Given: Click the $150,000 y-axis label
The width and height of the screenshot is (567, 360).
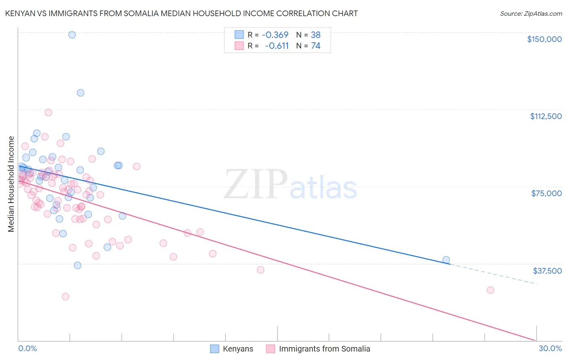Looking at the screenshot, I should tap(544, 39).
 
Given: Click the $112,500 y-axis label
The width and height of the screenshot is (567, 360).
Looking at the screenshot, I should tap(546, 116).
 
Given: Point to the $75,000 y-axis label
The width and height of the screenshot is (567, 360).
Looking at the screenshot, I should tap(546, 193).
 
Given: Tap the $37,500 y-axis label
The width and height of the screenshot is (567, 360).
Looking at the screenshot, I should tap(547, 271).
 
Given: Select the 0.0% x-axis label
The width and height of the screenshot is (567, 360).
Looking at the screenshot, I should tap(27, 348).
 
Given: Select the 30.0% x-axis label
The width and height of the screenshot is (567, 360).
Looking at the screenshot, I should tap(550, 348).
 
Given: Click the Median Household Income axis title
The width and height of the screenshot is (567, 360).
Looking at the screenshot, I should tap(11, 184).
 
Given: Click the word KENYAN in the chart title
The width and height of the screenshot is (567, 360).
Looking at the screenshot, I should tap(20, 13).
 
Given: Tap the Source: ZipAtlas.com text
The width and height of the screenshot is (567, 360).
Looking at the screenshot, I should tap(531, 13).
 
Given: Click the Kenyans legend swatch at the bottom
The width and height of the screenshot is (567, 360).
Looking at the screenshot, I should tap(215, 349).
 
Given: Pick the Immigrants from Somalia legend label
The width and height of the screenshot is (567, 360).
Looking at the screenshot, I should tap(324, 349).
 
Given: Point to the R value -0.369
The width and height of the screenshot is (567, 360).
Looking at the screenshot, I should tap(275, 35).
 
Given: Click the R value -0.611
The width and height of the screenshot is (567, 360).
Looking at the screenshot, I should tap(277, 46).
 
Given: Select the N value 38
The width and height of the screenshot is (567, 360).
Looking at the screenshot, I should tap(315, 35).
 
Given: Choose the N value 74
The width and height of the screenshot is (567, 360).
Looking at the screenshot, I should tap(315, 46).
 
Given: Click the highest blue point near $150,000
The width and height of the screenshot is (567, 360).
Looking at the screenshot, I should tap(72, 35).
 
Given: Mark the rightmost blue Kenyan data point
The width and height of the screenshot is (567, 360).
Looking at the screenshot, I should tap(446, 260).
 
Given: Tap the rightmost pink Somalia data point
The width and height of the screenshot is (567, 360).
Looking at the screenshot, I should tap(490, 290).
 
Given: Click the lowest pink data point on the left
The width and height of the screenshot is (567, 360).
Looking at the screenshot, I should tap(65, 297).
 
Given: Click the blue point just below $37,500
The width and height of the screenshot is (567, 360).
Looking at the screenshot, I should tap(77, 265).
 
